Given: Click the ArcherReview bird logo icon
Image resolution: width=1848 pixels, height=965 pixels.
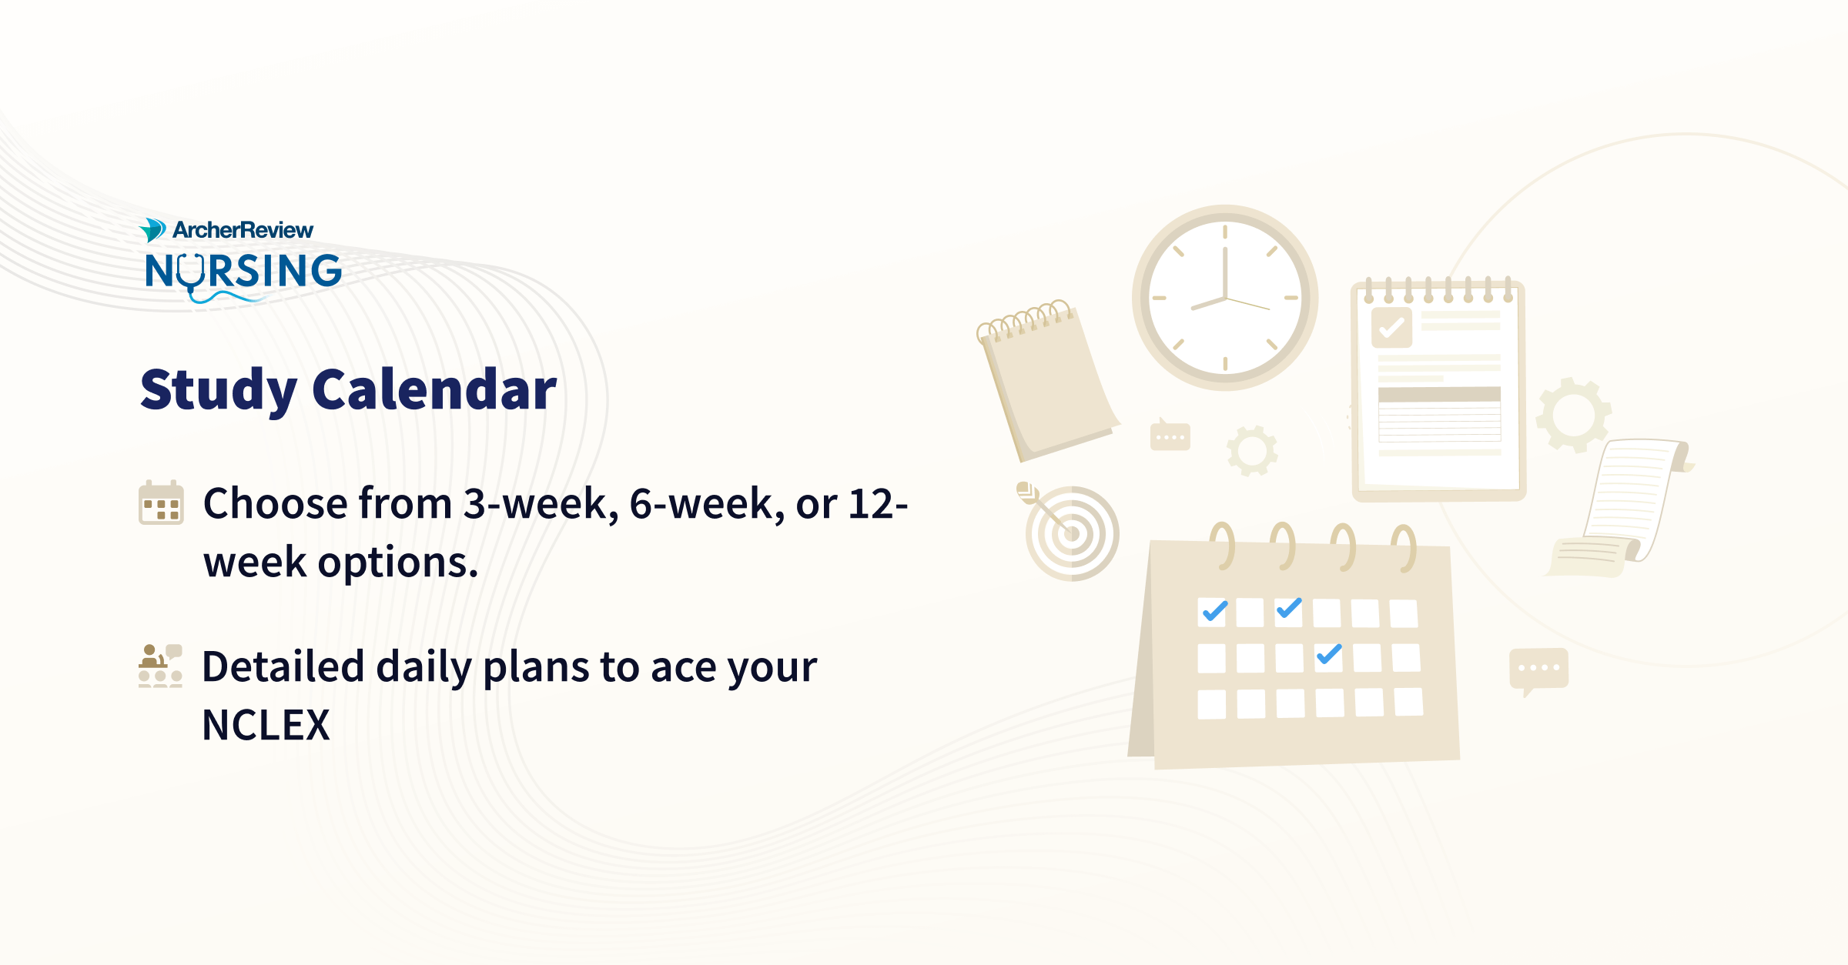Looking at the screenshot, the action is pyautogui.click(x=152, y=230).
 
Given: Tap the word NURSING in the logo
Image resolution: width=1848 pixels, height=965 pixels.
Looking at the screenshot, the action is pyautogui.click(x=243, y=271).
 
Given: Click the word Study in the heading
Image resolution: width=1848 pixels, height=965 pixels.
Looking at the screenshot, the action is pyautogui.click(x=219, y=390).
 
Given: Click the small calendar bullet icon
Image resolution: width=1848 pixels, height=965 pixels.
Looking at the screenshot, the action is pyautogui.click(x=161, y=503).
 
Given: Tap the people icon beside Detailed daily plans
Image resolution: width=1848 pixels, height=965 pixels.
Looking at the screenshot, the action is pyautogui.click(x=160, y=666).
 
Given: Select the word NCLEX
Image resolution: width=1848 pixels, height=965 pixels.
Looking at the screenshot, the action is pyautogui.click(x=266, y=725).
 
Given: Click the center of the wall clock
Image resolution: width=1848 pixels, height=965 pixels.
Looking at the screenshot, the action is pyautogui.click(x=1224, y=297).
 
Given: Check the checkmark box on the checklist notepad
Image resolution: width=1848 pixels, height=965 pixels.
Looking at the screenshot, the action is pyautogui.click(x=1391, y=328).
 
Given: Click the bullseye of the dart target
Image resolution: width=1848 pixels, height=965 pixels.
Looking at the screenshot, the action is pyautogui.click(x=1072, y=533).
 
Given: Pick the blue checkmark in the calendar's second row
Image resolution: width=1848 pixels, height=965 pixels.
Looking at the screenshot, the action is pyautogui.click(x=1329, y=654).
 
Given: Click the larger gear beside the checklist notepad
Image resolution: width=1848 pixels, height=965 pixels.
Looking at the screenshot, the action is pyautogui.click(x=1573, y=415).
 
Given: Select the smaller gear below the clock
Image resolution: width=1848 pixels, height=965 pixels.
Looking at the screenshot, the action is pyautogui.click(x=1252, y=450).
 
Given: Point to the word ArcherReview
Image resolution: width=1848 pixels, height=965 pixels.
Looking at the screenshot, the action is pyautogui.click(x=243, y=230).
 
